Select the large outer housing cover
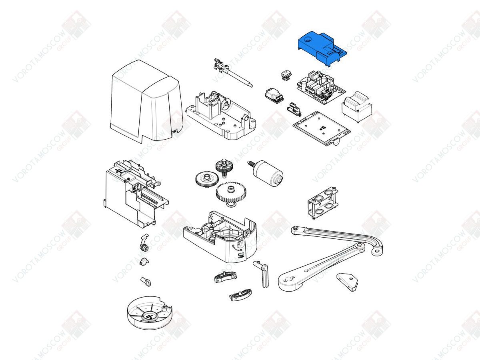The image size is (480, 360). click(146, 102)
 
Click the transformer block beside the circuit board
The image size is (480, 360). click(357, 107)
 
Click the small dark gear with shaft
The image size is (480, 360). click(224, 167)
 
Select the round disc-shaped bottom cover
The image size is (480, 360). click(150, 312)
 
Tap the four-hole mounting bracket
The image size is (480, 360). click(322, 203)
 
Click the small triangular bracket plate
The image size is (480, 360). click(347, 282)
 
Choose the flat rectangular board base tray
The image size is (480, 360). click(322, 128)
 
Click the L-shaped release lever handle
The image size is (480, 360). click(262, 274)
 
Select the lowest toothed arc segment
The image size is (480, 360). click(240, 295)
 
